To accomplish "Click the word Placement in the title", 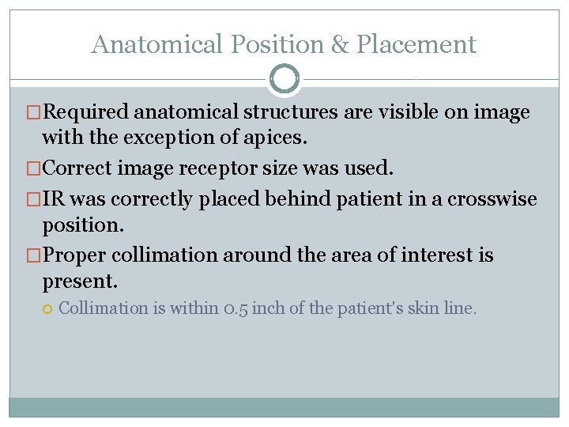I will click(416, 44).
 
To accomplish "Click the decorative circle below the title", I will click(284, 79).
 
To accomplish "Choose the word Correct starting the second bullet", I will click(81, 168).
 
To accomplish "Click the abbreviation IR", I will click(54, 198).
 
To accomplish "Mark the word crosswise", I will click(492, 198).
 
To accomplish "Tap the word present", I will click(79, 280).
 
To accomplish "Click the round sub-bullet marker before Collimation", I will click(47, 308).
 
